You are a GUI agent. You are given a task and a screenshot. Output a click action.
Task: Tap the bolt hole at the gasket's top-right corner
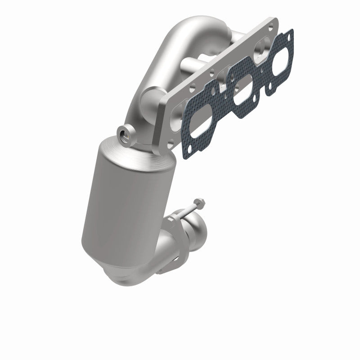click(x=289, y=32)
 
